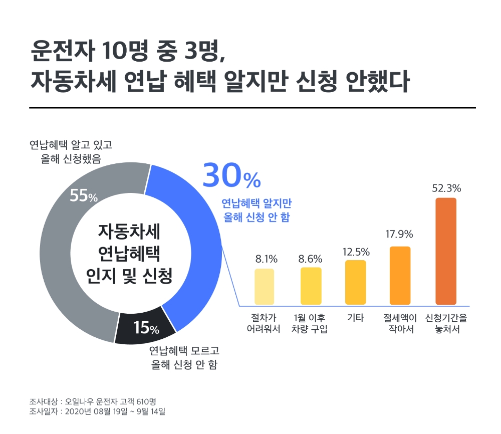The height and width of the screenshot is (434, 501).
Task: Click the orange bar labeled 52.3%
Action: pyautogui.click(x=445, y=251)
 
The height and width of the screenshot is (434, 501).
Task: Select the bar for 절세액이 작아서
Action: pyautogui.click(x=400, y=276)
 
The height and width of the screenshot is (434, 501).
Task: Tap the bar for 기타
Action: pyautogui.click(x=355, y=282)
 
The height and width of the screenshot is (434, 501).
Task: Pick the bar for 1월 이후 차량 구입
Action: pyautogui.click(x=311, y=286)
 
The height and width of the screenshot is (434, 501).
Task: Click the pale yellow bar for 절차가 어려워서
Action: pyautogui.click(x=264, y=287)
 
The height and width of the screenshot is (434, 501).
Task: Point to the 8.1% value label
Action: pyautogui.click(x=266, y=259)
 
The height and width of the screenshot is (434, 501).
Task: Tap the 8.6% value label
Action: pyautogui.click(x=310, y=259)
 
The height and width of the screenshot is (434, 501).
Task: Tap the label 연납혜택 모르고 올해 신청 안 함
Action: pyautogui.click(x=184, y=357)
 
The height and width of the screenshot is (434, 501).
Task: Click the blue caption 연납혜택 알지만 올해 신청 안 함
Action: pyautogui.click(x=257, y=210)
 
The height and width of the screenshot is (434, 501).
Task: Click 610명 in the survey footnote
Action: pyautogui.click(x=146, y=401)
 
